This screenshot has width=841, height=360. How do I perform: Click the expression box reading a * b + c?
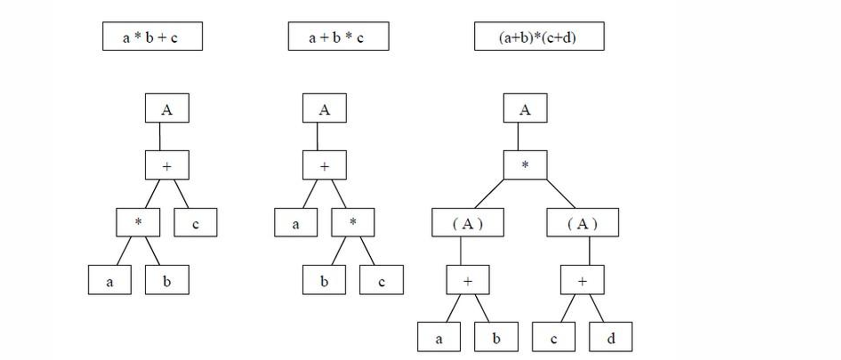[152, 36]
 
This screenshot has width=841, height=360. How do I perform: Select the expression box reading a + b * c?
[338, 36]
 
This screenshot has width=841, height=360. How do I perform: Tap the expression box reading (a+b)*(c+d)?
[539, 36]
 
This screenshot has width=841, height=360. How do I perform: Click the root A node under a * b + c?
[167, 108]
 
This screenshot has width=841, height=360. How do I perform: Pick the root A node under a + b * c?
[324, 108]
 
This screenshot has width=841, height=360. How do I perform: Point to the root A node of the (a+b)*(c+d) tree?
[525, 108]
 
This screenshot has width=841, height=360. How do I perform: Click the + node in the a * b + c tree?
[167, 165]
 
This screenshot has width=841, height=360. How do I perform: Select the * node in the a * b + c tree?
[138, 222]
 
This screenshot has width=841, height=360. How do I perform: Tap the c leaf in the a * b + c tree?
[195, 222]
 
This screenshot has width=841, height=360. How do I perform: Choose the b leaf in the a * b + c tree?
[167, 280]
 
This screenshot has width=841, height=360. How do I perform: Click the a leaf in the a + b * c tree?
[295, 222]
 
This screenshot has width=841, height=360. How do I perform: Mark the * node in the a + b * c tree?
[353, 222]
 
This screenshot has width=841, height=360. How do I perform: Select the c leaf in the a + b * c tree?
[381, 280]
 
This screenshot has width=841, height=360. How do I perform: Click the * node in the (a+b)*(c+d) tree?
[525, 165]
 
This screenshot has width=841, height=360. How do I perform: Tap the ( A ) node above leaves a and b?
[467, 222]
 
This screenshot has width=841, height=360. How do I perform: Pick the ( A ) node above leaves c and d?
[582, 222]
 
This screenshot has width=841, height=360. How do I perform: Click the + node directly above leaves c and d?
[582, 280]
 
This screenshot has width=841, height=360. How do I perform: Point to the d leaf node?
[610, 337]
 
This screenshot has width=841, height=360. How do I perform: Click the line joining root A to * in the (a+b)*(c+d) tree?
[518, 137]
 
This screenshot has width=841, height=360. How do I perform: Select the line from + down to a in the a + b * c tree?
[310, 194]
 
